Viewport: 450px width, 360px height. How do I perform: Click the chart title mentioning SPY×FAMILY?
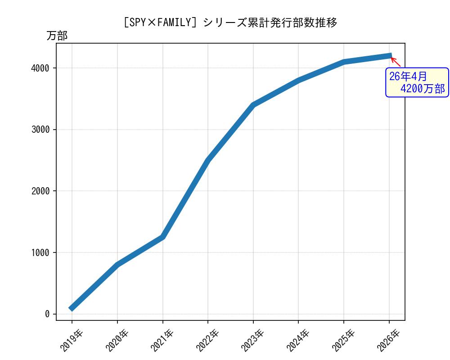point(230,22)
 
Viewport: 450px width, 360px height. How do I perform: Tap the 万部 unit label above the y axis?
point(57,36)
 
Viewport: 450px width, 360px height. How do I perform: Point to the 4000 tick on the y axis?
point(40,68)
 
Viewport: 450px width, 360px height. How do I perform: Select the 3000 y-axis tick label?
point(40,130)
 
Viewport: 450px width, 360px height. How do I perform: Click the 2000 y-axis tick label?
point(40,191)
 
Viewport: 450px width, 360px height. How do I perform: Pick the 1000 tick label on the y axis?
point(40,252)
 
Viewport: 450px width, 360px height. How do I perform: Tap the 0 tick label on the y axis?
point(47,314)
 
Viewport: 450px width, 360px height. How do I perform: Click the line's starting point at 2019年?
point(72,308)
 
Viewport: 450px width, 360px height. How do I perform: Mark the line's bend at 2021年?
point(162,237)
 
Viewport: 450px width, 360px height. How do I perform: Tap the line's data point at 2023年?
point(253,105)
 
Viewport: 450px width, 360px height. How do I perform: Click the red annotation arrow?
point(395,62)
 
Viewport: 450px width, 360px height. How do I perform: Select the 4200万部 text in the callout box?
point(422,89)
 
